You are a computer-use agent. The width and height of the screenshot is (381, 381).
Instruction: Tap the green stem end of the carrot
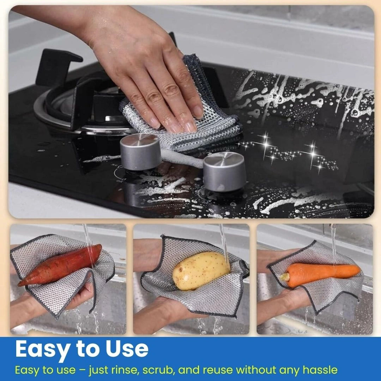click(284, 276)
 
